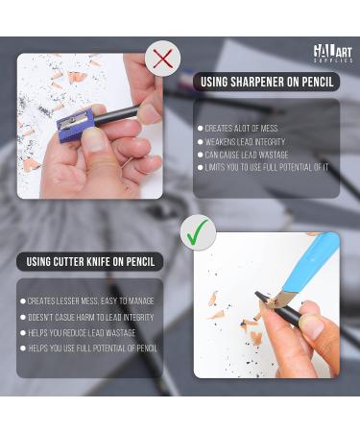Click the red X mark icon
[x=163, y=60]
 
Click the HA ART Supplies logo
[x=332, y=53]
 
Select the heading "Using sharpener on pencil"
[x=266, y=83]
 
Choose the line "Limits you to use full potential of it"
[x=265, y=167]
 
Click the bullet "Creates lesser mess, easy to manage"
[x=87, y=301]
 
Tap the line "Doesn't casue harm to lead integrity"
[x=88, y=317]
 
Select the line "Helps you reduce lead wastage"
[x=80, y=333]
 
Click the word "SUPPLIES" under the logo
[x=332, y=60]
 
